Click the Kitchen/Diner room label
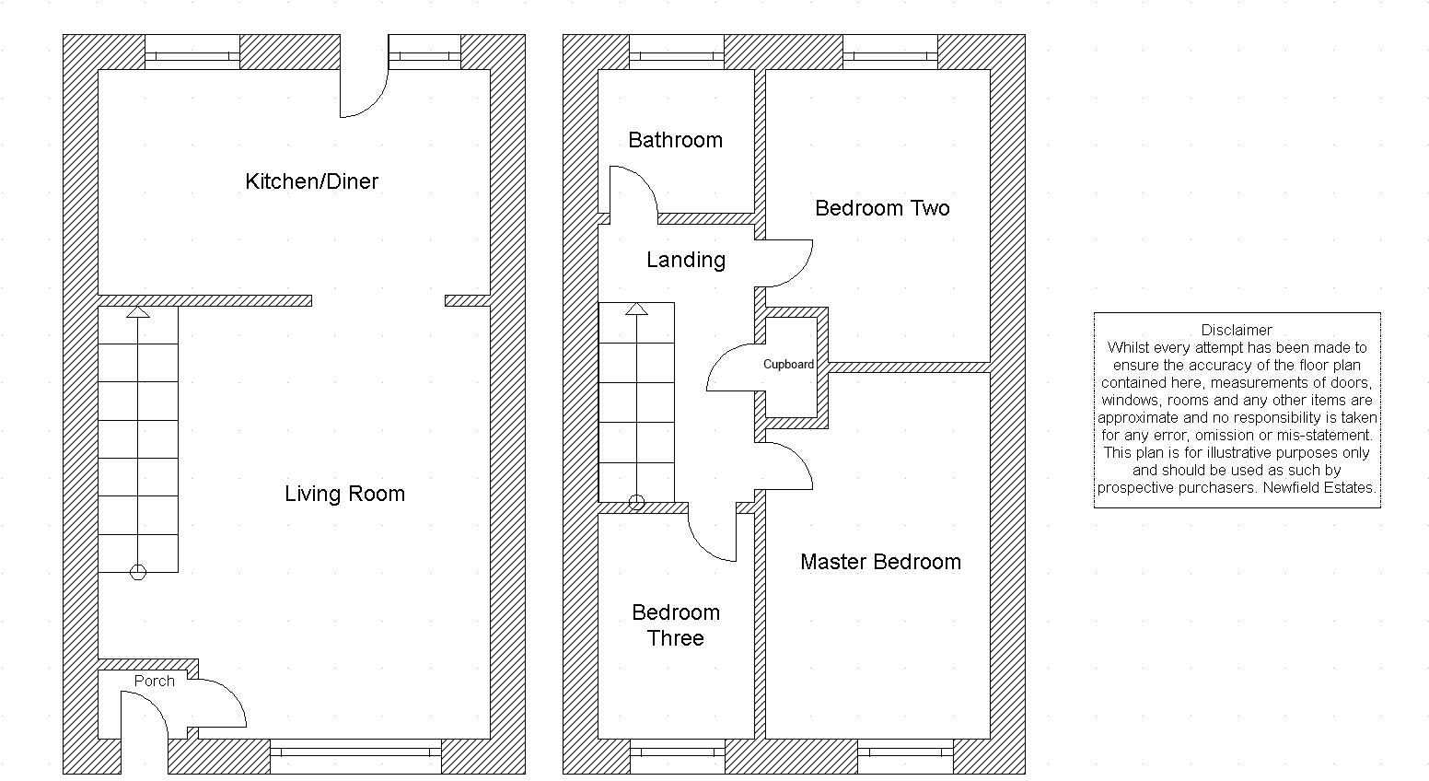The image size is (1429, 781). (x=311, y=181)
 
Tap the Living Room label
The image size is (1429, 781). (x=344, y=494)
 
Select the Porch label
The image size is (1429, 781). (x=154, y=681)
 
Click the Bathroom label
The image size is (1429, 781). (x=675, y=140)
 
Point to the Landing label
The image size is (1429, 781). (x=685, y=260)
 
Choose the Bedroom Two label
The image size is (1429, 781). (x=882, y=208)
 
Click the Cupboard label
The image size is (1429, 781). (x=788, y=365)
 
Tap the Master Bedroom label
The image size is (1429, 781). (x=880, y=562)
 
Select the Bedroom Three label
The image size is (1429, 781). (x=675, y=625)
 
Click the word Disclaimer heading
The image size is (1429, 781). (x=1237, y=330)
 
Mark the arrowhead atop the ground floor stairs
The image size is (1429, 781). (x=138, y=312)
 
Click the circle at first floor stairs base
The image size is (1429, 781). (x=636, y=503)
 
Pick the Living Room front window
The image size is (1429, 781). (x=355, y=752)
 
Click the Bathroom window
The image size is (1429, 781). (x=677, y=56)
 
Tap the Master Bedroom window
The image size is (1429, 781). (x=905, y=752)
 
